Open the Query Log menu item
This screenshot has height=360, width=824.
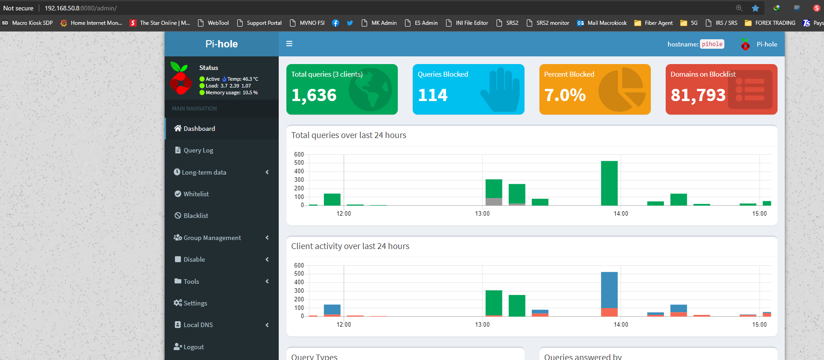click(198, 150)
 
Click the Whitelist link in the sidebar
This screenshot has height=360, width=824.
click(196, 194)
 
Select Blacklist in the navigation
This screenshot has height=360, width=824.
click(196, 216)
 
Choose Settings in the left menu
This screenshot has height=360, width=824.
click(195, 303)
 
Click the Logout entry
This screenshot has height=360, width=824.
click(193, 347)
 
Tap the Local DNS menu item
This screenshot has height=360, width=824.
click(198, 325)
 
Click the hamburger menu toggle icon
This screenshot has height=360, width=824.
click(290, 44)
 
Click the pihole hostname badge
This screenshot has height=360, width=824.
click(712, 44)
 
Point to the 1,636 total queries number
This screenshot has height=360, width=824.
click(314, 95)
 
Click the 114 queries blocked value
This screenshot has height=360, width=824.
click(433, 95)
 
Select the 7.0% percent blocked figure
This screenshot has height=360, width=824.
click(565, 95)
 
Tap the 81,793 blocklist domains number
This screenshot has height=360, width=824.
click(698, 95)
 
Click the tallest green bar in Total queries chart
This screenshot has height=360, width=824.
click(609, 183)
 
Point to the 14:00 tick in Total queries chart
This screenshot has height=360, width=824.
click(621, 213)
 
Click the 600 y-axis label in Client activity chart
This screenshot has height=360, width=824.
click(299, 265)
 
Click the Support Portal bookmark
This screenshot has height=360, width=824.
click(264, 23)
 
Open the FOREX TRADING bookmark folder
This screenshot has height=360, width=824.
click(775, 23)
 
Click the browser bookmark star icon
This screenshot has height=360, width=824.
click(755, 8)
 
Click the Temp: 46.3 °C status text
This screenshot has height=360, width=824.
click(243, 79)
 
